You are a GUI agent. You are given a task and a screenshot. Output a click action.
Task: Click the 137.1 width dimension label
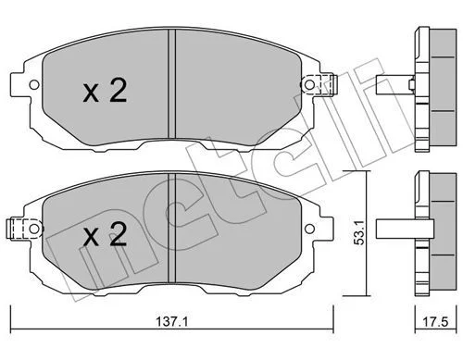172,322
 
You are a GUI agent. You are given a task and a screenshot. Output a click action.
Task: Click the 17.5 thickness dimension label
435,322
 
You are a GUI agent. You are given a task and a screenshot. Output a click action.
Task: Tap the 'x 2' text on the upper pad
105,90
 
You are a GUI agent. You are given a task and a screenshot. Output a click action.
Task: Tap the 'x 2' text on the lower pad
105,234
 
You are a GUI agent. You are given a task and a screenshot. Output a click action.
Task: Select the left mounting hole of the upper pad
34,84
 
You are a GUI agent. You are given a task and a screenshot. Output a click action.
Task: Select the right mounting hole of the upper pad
309,84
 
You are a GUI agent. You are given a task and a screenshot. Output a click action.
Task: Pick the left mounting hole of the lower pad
34,229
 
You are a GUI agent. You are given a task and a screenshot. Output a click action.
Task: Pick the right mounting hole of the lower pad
309,229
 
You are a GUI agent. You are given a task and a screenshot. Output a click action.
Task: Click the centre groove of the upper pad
171,83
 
